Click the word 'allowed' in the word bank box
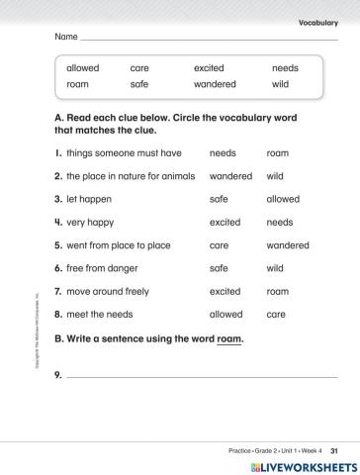click(82, 68)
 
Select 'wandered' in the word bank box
click(215, 84)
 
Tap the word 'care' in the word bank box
click(139, 68)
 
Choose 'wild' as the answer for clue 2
click(275, 176)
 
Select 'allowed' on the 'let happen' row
click(283, 199)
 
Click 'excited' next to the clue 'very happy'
click(225, 223)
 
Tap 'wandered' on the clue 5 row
click(288, 245)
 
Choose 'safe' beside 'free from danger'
click(219, 268)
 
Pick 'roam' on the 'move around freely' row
click(278, 292)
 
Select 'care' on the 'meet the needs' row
click(276, 315)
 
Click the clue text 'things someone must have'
click(124, 153)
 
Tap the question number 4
click(58, 223)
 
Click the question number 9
click(58, 376)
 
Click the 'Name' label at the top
click(65, 37)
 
